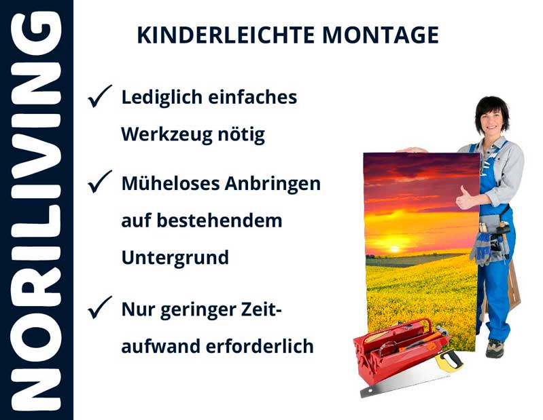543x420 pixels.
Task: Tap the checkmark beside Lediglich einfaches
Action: (x=99, y=97)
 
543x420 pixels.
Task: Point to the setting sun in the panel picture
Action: (x=394, y=249)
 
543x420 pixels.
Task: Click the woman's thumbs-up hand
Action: (x=466, y=199)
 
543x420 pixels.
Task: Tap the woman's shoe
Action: (x=495, y=348)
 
